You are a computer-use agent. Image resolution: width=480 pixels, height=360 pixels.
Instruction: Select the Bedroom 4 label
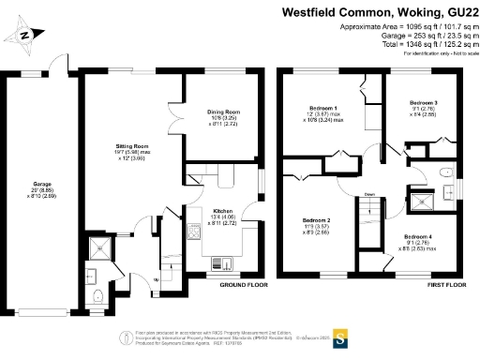(x=419, y=237)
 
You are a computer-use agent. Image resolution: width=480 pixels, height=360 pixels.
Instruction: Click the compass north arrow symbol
(x=26, y=35)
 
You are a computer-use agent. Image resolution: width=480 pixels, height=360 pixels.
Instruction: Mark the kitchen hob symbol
(x=194, y=229)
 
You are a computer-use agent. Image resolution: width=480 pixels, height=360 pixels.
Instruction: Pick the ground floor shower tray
(x=97, y=247)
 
